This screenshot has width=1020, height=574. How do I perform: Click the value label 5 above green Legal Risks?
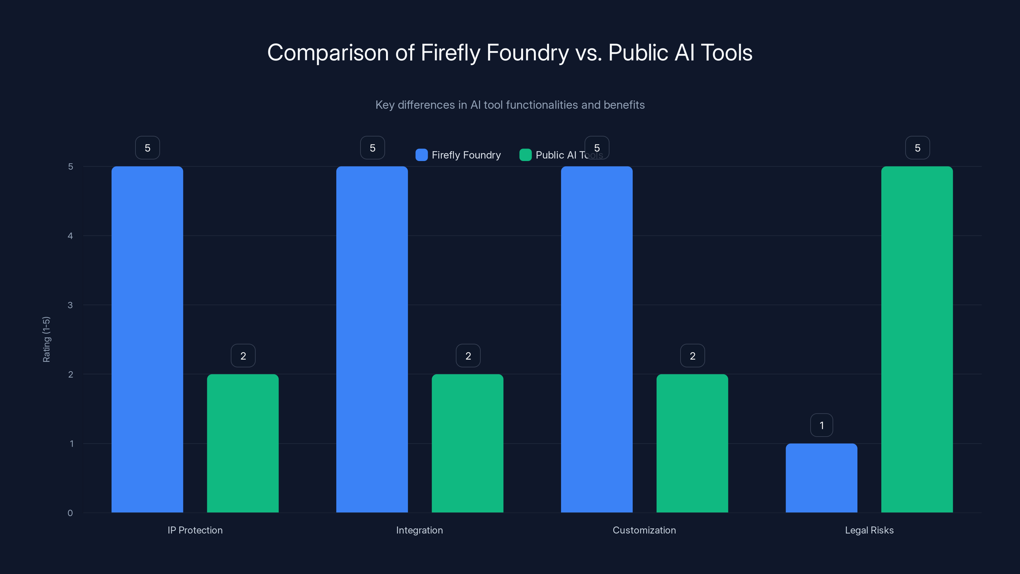point(917,148)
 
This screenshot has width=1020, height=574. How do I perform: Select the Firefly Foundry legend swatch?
point(421,155)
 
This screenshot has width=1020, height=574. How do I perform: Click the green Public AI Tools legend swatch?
point(525,155)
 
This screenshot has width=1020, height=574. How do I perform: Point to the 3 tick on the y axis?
point(70,305)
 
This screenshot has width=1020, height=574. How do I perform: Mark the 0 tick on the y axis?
point(70,513)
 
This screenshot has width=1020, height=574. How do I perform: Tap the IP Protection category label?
point(195,530)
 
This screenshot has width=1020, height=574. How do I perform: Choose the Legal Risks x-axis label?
point(869,530)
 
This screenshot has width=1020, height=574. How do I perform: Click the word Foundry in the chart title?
point(528,53)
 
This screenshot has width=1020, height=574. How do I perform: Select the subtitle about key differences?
point(510,105)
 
